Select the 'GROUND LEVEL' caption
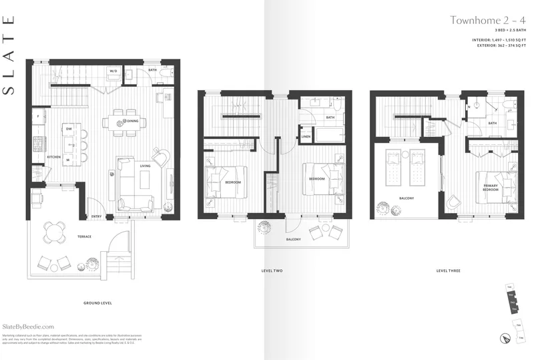(97, 303)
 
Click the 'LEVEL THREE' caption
(448, 271)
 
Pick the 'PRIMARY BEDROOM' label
(491, 188)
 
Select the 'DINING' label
(133, 122)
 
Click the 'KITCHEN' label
(54, 158)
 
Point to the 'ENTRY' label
(97, 216)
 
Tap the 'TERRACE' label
(83, 236)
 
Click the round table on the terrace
(55, 232)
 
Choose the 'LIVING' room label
(145, 166)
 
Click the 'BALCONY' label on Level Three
(406, 198)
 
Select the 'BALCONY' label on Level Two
(294, 239)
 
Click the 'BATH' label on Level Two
(330, 118)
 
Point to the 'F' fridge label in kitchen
(38, 116)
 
